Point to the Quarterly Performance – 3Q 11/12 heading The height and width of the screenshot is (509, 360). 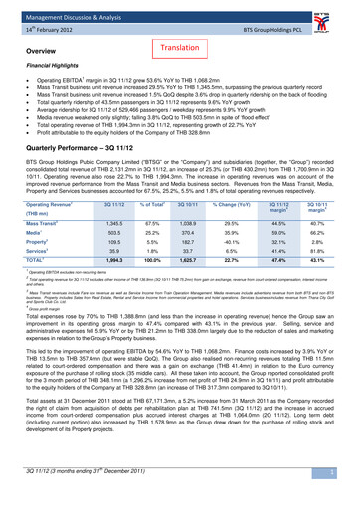[89, 170]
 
